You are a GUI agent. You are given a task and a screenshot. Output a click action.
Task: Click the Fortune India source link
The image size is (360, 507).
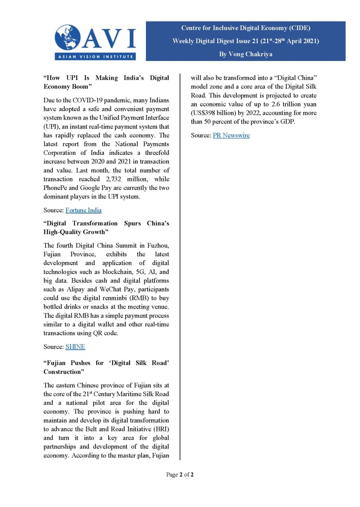pyautogui.click(x=83, y=210)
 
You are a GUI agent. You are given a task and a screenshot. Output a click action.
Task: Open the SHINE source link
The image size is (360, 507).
pyautogui.click(x=75, y=347)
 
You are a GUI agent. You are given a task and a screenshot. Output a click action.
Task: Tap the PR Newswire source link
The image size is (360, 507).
pyautogui.click(x=231, y=135)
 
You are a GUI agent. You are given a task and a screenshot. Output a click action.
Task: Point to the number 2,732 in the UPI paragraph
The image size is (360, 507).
pyautogui.click(x=109, y=179)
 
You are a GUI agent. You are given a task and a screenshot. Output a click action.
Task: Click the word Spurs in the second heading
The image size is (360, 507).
pyautogui.click(x=132, y=223)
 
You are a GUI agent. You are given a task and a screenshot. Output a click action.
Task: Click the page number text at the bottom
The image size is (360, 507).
pyautogui.click(x=180, y=475)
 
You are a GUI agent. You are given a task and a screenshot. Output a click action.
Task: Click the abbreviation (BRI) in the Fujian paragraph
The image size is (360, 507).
pyautogui.click(x=160, y=429)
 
